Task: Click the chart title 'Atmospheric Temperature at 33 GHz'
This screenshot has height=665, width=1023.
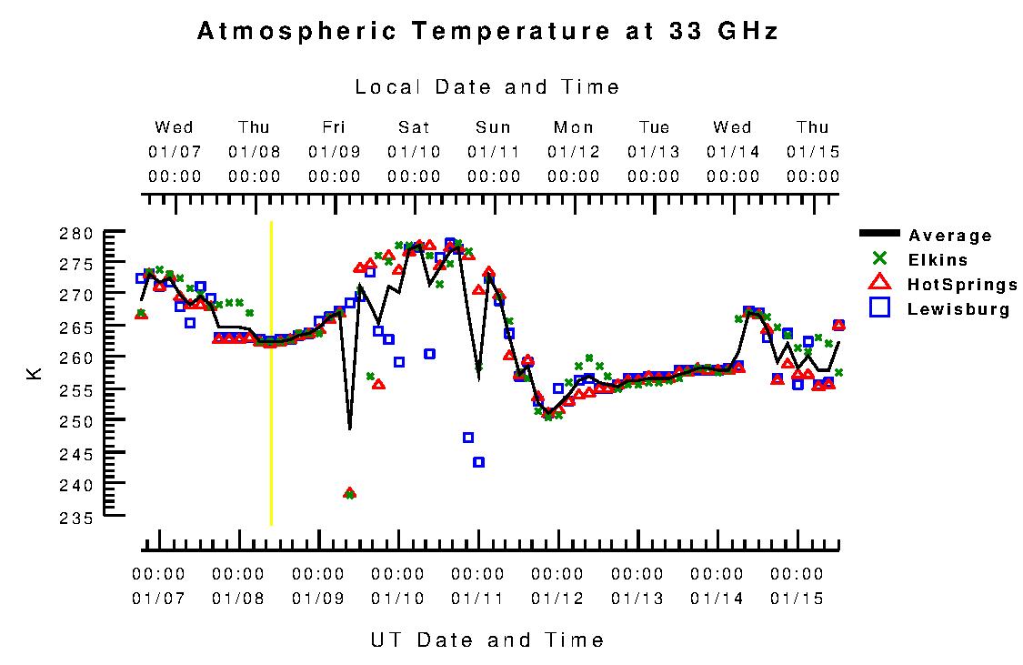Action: point(487,32)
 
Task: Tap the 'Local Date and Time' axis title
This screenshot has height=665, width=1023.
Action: point(487,87)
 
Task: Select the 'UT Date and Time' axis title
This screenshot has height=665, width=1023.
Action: point(487,640)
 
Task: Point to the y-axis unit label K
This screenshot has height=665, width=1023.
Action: point(35,372)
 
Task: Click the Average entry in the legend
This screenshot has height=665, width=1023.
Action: point(950,237)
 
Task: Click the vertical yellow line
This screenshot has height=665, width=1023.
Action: point(271,373)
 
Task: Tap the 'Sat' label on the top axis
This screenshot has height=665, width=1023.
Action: point(414,127)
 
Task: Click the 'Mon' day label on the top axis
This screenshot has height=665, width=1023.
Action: point(574,127)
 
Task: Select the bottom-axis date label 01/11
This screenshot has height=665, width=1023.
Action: point(477,599)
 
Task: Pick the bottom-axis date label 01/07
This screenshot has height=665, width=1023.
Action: point(158,599)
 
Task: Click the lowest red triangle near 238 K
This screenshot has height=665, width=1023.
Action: point(349,493)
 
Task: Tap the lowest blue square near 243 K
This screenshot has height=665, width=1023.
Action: point(478,462)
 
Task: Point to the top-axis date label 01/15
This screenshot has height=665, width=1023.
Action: point(813,151)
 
